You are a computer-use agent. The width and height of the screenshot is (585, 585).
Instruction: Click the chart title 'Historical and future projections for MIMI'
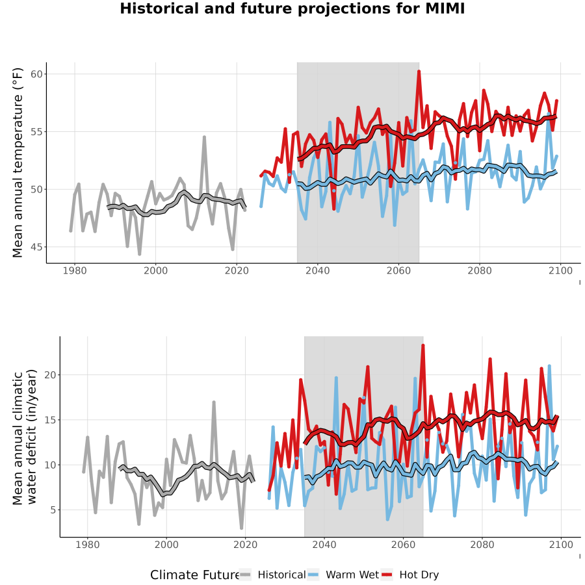coord(292,8)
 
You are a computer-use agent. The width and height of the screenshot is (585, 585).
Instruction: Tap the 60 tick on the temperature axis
coord(36,74)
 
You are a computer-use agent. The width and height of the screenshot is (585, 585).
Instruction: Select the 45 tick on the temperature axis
coord(36,247)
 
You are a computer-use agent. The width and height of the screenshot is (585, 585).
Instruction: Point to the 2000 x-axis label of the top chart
coord(155,270)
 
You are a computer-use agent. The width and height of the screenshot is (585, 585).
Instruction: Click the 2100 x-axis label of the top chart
coord(560,270)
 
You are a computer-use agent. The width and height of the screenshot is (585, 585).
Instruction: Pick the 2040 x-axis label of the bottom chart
coord(324,545)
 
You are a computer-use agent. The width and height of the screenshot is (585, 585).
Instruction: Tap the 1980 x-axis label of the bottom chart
coord(88,545)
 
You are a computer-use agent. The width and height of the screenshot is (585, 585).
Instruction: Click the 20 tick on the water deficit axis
coord(50,375)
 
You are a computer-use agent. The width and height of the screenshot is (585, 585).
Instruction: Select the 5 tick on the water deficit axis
coord(53,510)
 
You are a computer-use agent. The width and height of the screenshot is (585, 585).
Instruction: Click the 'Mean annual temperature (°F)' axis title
coord(18,162)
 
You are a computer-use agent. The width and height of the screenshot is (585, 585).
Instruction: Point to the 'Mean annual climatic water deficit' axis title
coord(24,437)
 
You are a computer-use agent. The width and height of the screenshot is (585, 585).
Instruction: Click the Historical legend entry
coord(272,575)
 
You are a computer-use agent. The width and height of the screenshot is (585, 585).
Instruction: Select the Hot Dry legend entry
coord(410,575)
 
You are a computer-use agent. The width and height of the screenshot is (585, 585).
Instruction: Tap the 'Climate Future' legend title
coord(194,575)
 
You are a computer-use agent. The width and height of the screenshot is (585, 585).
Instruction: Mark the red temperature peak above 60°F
coord(419,71)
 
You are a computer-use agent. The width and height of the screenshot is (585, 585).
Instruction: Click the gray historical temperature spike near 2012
coord(205,137)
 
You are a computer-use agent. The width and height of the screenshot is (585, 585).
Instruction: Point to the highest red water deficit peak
coord(423,345)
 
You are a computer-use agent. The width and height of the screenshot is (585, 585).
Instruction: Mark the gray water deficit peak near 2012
coord(214,402)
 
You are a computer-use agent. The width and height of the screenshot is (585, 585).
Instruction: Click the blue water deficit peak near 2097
coord(549,366)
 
